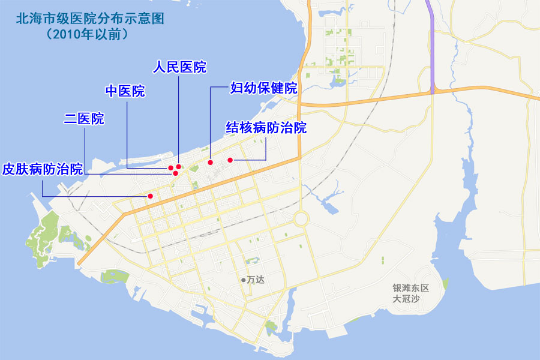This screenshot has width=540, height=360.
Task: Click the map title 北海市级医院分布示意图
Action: [x=90, y=17]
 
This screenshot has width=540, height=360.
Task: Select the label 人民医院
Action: [x=179, y=67]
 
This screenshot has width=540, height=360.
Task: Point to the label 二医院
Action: [x=84, y=119]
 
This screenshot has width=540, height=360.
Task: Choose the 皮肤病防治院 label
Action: [x=42, y=169]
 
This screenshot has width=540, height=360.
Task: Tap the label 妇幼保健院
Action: [x=264, y=88]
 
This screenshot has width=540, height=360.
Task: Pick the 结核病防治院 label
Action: [x=266, y=128]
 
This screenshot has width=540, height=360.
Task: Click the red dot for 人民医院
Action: [x=179, y=167]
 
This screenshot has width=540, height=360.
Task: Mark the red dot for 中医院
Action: [x=171, y=168]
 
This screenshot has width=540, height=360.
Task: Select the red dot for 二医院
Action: [x=175, y=173]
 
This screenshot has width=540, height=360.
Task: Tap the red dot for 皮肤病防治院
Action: [x=151, y=196]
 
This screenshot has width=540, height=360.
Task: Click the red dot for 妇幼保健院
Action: [x=210, y=162]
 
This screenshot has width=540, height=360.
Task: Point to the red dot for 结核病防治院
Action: [x=230, y=160]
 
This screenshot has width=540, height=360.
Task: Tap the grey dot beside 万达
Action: [x=243, y=280]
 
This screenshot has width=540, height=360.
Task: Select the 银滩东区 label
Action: [x=411, y=288]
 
